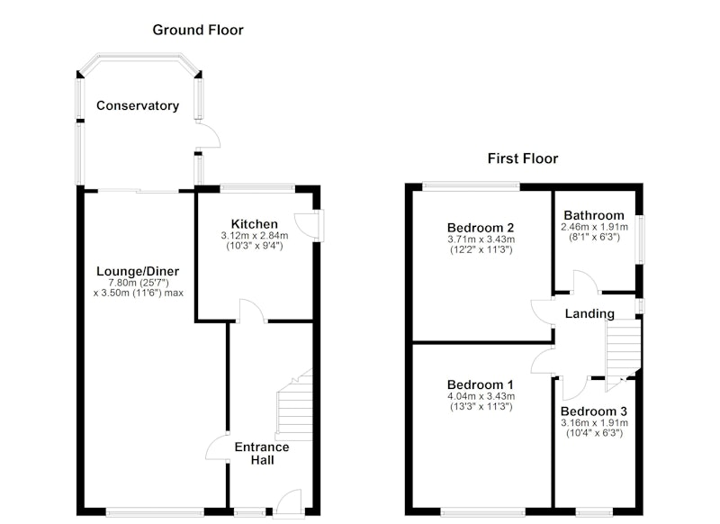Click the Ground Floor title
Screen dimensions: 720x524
point(198,31)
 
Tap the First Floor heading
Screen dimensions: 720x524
point(523,158)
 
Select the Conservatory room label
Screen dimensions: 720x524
point(138,106)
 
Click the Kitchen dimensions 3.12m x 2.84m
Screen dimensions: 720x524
point(255,236)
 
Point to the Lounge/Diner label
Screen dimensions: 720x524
point(138,271)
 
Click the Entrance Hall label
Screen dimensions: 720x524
point(262,454)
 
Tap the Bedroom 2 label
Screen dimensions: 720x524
point(481,228)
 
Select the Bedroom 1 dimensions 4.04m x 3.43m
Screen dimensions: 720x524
point(481,396)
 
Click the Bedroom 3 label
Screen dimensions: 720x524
point(594,411)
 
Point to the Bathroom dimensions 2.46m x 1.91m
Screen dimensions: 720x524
point(594,227)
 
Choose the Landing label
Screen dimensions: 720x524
point(589,313)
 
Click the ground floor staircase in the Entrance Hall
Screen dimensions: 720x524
point(294,405)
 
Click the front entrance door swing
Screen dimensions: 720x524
point(287,502)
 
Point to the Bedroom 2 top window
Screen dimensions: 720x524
point(471,186)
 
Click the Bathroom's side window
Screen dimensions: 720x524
point(640,239)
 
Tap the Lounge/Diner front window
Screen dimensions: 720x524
point(155,511)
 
